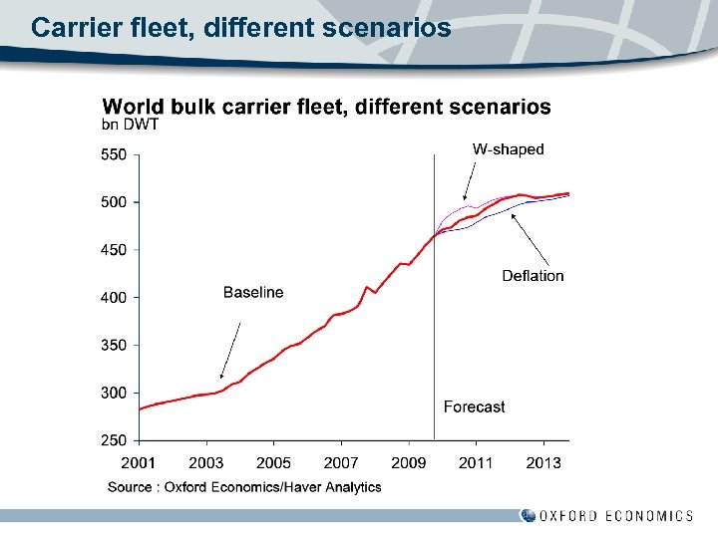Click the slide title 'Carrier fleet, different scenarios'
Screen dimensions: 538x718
click(x=240, y=27)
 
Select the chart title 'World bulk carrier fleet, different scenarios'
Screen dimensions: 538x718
click(x=326, y=107)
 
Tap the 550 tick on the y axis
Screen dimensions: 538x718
click(x=113, y=155)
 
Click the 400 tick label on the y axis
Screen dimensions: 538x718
click(x=113, y=298)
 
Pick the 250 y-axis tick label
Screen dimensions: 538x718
click(x=113, y=440)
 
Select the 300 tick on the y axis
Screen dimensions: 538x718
click(x=113, y=393)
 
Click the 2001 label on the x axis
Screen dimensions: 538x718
click(x=139, y=463)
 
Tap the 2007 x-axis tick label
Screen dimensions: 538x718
click(x=341, y=463)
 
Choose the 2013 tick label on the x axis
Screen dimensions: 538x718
click(x=543, y=463)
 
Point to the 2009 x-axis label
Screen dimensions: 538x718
click(x=409, y=463)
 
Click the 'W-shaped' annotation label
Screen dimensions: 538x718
click(x=508, y=149)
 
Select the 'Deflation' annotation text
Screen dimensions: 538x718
click(x=533, y=276)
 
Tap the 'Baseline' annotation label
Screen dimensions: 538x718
click(x=253, y=292)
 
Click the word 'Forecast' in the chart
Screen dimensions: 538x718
click(x=474, y=406)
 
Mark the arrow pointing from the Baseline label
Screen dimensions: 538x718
click(x=230, y=349)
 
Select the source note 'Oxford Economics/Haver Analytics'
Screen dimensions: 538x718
click(x=244, y=487)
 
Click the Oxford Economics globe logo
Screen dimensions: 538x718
click(x=528, y=515)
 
